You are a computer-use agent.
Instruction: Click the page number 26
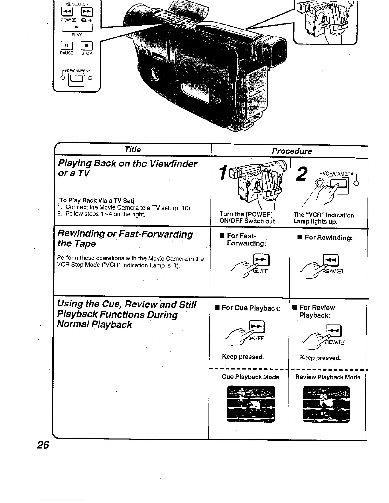[x=43, y=445]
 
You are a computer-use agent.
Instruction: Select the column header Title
[x=133, y=150]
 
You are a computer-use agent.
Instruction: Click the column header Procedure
[x=292, y=151]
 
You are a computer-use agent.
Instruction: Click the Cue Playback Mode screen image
[x=250, y=404]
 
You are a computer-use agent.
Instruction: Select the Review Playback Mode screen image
[x=326, y=404]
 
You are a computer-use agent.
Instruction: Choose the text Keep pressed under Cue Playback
[x=243, y=357]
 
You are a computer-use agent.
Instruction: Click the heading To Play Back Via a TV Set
[x=96, y=200]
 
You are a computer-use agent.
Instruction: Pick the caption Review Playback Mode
[x=328, y=377]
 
